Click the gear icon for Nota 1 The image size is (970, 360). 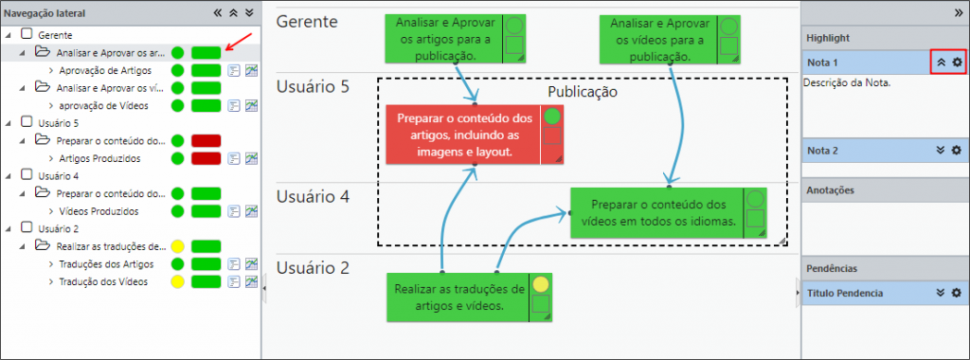[957, 63]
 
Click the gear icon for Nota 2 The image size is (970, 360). [957, 151]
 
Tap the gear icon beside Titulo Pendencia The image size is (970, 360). [957, 293]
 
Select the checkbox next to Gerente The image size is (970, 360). [27, 35]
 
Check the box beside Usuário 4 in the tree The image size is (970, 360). [27, 175]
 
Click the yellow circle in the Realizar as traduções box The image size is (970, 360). [541, 284]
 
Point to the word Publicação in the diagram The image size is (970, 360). [583, 92]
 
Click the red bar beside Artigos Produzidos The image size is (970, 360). [206, 159]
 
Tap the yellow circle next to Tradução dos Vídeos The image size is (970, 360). [177, 282]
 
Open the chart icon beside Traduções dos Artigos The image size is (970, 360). [251, 264]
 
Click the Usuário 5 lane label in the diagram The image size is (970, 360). [313, 86]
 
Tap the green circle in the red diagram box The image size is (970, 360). [552, 117]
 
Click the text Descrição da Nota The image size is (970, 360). [847, 82]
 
